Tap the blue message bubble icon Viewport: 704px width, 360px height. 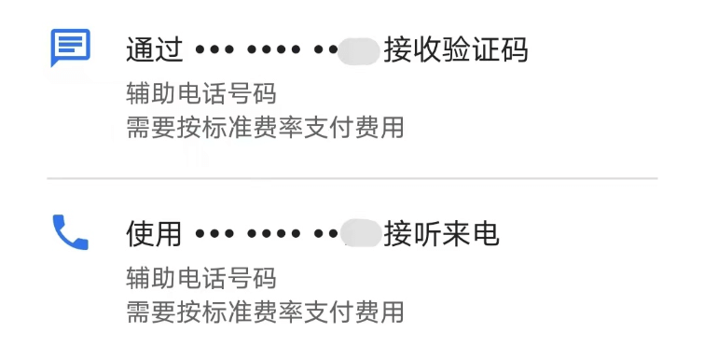[x=70, y=47]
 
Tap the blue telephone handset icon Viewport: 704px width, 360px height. [x=70, y=232]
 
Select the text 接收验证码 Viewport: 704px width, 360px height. [x=456, y=48]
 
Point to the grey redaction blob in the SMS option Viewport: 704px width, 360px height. [x=359, y=49]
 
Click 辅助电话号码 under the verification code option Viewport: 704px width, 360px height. [x=201, y=94]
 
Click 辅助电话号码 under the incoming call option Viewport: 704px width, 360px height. [x=201, y=279]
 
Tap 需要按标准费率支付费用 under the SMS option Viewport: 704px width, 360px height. [x=265, y=127]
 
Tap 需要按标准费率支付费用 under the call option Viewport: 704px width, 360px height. [x=265, y=312]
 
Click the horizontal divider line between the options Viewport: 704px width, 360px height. [x=352, y=178]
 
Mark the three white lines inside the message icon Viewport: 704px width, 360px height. [x=70, y=43]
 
